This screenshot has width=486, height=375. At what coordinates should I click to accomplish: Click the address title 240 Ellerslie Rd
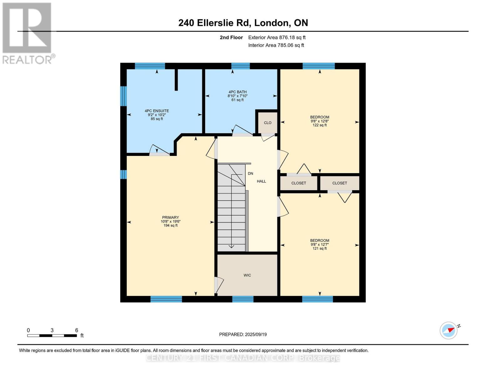(243, 23)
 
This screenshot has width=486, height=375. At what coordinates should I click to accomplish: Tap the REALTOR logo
(28, 33)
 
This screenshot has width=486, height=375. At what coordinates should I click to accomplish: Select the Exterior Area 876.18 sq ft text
(277, 37)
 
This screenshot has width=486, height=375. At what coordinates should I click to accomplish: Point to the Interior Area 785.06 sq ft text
(276, 45)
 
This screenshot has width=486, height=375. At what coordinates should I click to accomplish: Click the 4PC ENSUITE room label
(157, 111)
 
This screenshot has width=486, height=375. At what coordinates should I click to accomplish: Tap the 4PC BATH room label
(238, 92)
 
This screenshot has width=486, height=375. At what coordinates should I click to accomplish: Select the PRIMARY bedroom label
(171, 217)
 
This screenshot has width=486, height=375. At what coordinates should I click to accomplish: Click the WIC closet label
(247, 275)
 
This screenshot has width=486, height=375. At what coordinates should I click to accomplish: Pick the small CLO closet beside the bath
(268, 123)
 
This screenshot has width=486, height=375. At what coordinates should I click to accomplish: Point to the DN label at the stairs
(250, 173)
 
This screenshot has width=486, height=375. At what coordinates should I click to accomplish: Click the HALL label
(261, 181)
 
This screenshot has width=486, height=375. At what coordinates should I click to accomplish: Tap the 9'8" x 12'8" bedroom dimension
(320, 121)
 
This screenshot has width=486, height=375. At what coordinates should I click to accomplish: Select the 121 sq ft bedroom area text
(320, 248)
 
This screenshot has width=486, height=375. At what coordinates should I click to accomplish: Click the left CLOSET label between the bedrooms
(299, 183)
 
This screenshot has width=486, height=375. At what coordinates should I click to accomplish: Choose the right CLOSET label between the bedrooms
(340, 183)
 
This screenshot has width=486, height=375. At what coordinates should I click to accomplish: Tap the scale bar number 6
(77, 330)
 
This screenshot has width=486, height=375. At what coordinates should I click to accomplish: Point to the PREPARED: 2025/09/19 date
(243, 334)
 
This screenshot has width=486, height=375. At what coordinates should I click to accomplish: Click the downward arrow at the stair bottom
(231, 246)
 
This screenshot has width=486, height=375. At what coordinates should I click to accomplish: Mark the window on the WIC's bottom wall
(243, 299)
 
